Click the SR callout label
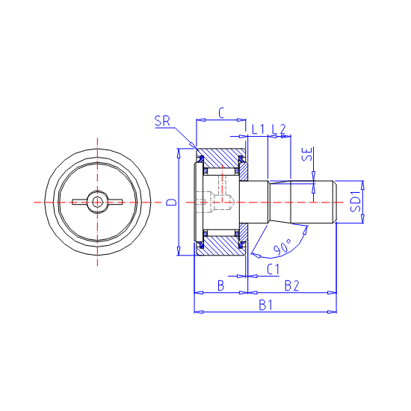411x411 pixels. [162, 121]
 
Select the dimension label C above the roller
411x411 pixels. [221, 114]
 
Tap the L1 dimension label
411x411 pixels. [259, 129]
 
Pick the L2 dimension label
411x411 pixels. [279, 129]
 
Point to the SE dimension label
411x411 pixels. [307, 154]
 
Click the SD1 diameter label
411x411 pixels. [356, 201]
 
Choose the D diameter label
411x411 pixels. [172, 202]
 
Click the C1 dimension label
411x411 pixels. [274, 269]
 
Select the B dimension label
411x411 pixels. [221, 285]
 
